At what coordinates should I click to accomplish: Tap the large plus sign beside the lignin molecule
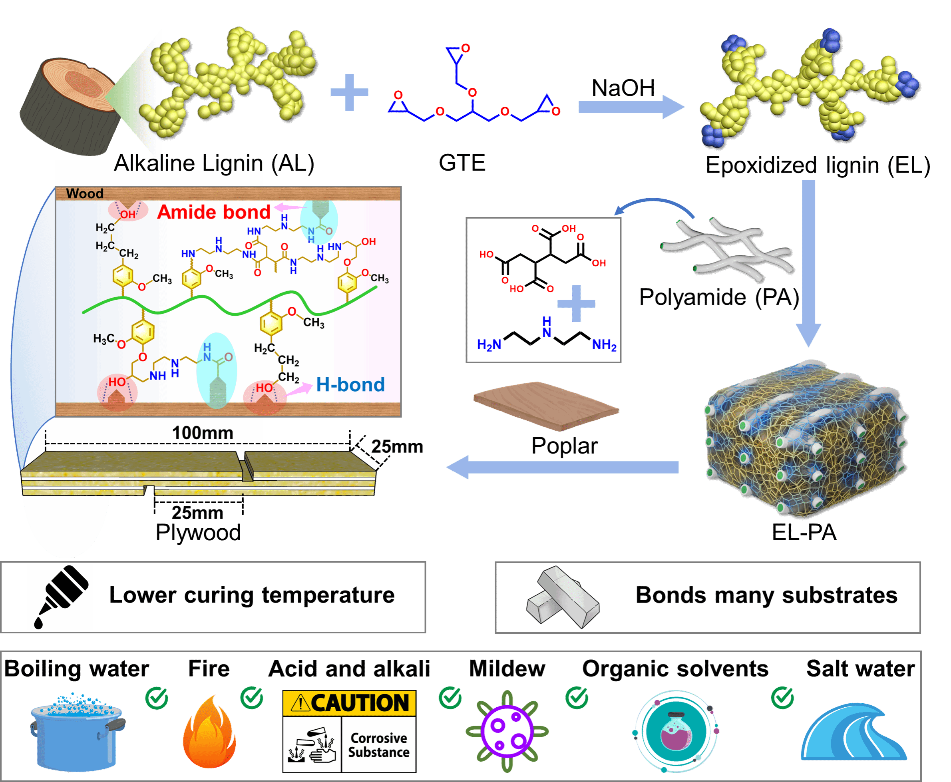pos(349,92)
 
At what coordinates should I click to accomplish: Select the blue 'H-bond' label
pos(350,385)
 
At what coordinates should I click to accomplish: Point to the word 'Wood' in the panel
pos(85,194)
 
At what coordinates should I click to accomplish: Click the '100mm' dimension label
pos(203,433)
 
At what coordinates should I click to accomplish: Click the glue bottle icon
pos(60,597)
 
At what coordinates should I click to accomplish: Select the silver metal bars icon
pos(563,597)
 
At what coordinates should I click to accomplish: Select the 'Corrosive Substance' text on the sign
pos(378,745)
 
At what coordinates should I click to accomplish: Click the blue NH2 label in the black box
pos(604,345)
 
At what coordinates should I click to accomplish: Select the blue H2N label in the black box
pos(489,345)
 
